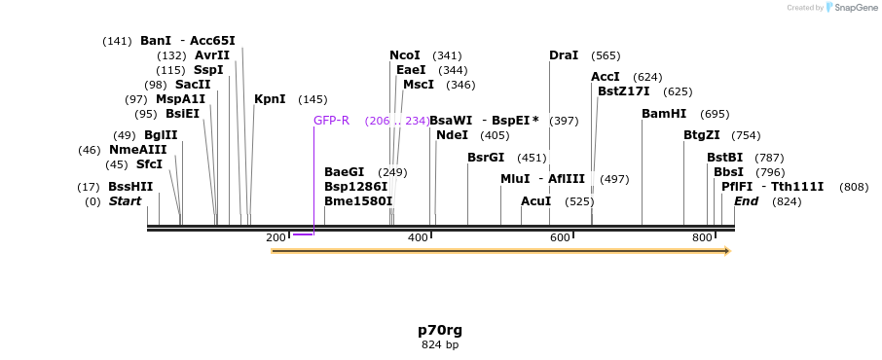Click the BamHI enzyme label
pyautogui.click(x=663, y=114)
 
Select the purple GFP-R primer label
pyautogui.click(x=331, y=121)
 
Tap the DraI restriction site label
pyautogui.click(x=563, y=55)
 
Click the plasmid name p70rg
pyautogui.click(x=440, y=330)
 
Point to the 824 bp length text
pyautogui.click(x=440, y=344)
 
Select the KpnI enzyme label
pyautogui.click(x=270, y=99)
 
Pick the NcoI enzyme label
pyautogui.click(x=404, y=55)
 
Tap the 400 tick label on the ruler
pyautogui.click(x=418, y=237)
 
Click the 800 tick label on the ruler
pyautogui.click(x=702, y=237)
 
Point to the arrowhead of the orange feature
pyautogui.click(x=725, y=251)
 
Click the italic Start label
pyautogui.click(x=125, y=201)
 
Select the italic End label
pyautogui.click(x=746, y=201)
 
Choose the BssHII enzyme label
pyautogui.click(x=130, y=187)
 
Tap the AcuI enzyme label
pyautogui.click(x=535, y=201)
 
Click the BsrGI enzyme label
pyautogui.click(x=486, y=158)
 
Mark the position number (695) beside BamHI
pyautogui.click(x=715, y=114)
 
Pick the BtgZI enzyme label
pyautogui.click(x=701, y=135)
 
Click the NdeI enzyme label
pyautogui.click(x=452, y=135)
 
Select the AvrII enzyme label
pyautogui.click(x=212, y=55)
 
